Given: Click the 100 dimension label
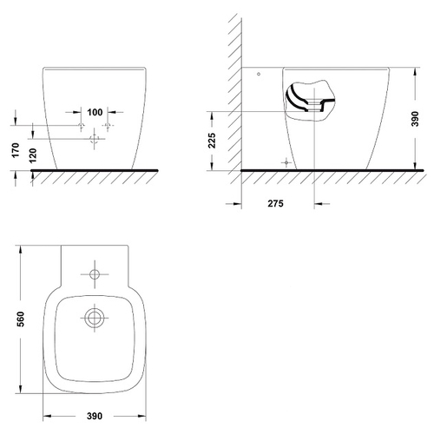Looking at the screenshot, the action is pos(95,112).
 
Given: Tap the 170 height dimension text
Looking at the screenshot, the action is pos(16,150).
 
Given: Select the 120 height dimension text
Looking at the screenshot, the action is pos(33,155).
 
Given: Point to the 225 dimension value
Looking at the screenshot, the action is pos(213,141).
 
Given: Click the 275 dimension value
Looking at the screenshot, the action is pos(275,204).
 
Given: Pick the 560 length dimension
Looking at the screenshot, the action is pos(21,319).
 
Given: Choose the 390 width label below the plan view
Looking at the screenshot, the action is pos(95,416).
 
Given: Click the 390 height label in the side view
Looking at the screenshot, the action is pos(415,119).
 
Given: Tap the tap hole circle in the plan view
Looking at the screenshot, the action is pos(95,274).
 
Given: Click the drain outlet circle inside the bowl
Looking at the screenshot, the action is pos(95,318).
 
